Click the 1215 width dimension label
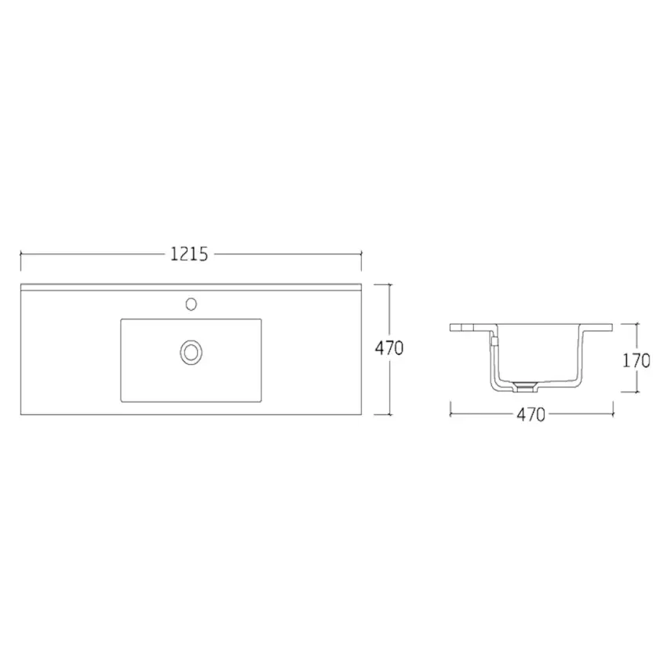click(188, 253)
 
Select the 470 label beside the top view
click(388, 348)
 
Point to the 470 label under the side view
click(531, 415)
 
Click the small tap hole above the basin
click(190, 302)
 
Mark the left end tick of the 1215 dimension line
click(20, 253)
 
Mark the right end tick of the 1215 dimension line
click(361, 253)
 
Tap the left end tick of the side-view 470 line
click(450, 408)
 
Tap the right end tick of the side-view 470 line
click(612, 408)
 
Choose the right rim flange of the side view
click(600, 326)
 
